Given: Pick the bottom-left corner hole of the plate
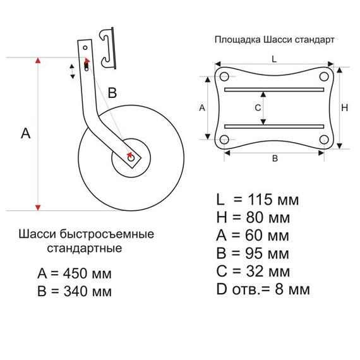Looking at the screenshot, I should pyautogui.click(x=224, y=140).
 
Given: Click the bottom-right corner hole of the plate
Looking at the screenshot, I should pyautogui.click(x=324, y=140).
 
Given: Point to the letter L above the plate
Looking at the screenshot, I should pyautogui.click(x=273, y=58).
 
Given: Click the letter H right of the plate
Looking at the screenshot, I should pyautogui.click(x=345, y=108).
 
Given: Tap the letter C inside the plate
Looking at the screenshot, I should pyautogui.click(x=258, y=108).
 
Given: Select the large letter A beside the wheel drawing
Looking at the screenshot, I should pyautogui.click(x=25, y=133).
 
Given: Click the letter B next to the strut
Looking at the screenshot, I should pyautogui.click(x=112, y=93).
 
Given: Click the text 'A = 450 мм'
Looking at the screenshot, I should pyautogui.click(x=75, y=274).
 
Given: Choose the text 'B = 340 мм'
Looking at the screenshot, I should pyautogui.click(x=75, y=292).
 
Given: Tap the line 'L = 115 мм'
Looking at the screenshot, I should pyautogui.click(x=258, y=200).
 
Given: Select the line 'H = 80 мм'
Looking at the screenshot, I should pyautogui.click(x=253, y=218).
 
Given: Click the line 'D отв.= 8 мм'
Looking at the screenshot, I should pyautogui.click(x=263, y=290).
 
